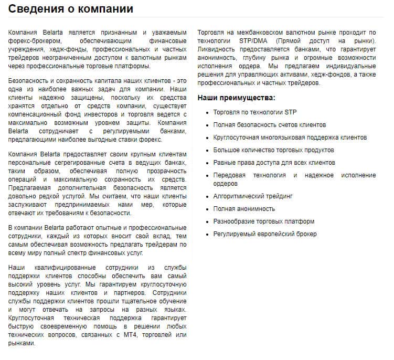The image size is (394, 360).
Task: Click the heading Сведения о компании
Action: tap(71, 9)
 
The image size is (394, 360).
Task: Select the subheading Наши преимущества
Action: tap(236, 98)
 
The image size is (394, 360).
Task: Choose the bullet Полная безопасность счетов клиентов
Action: tap(269, 125)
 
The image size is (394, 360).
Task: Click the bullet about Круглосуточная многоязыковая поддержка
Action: tap(290, 137)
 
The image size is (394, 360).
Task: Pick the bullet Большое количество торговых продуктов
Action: tap(273, 150)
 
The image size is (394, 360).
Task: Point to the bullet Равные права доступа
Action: tap(274, 163)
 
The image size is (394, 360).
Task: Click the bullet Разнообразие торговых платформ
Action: tap(264, 221)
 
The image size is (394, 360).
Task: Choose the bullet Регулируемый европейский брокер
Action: tap(265, 234)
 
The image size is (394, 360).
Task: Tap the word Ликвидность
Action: tap(217, 49)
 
